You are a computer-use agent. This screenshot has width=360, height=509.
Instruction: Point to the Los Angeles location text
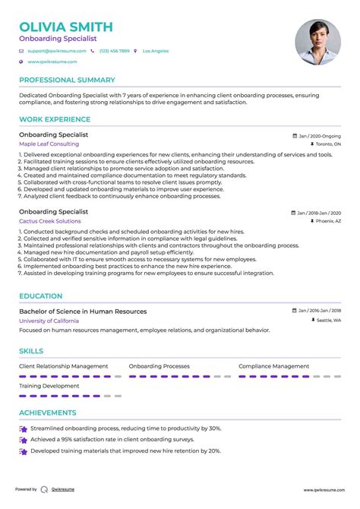[x=156, y=51]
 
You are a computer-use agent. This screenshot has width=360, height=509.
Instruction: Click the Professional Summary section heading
[x=67, y=80]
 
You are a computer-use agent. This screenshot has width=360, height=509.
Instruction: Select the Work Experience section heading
[x=53, y=119]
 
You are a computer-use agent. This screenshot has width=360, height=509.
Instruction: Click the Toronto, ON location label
[x=328, y=144]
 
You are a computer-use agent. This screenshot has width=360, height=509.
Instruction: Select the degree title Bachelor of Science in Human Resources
[x=83, y=311]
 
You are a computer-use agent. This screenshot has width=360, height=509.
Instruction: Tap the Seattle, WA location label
[x=328, y=321]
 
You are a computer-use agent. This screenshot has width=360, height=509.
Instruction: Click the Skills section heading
[x=31, y=352]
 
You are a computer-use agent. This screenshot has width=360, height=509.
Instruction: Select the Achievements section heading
[x=47, y=413]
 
